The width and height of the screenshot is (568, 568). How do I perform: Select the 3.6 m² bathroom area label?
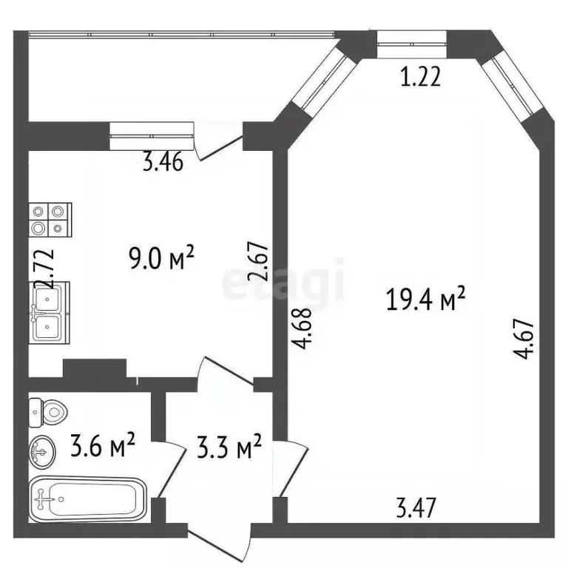point(103,446)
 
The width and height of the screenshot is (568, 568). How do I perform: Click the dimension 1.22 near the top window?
point(420,77)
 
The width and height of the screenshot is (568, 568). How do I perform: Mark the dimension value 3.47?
point(417,508)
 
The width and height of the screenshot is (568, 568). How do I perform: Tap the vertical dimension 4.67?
point(527,338)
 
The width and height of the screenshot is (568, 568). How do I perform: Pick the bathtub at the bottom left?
point(87,498)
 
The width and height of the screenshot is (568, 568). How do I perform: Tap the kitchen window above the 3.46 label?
point(152,131)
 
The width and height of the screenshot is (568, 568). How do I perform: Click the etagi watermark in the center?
point(284,281)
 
